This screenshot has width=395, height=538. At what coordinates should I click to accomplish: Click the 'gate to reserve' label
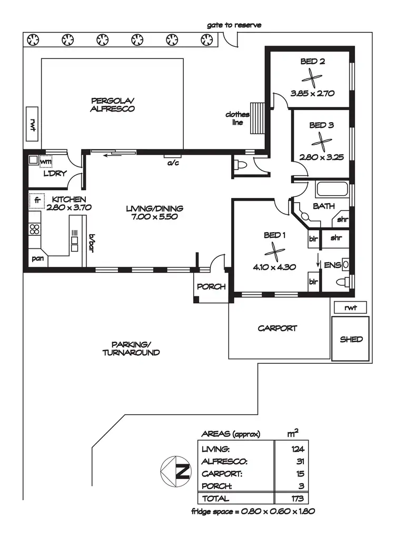(234, 25)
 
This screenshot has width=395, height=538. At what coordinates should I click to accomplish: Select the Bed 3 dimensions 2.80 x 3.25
(321, 156)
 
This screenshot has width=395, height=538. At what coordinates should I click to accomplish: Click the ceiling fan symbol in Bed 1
(273, 251)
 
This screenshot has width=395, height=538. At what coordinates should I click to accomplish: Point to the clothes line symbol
(257, 118)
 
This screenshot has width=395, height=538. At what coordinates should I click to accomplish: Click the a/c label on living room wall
(173, 163)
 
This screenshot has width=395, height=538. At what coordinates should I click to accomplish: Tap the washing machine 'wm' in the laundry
(46, 162)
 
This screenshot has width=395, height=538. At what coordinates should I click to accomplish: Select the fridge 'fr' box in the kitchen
(37, 200)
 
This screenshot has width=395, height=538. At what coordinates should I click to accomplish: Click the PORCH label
(211, 287)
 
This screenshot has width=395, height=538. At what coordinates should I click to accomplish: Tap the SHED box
(351, 339)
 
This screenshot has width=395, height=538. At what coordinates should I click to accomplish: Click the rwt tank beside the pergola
(33, 125)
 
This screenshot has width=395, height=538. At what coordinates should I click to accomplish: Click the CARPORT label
(277, 328)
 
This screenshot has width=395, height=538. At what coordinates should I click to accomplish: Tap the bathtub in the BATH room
(332, 189)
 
